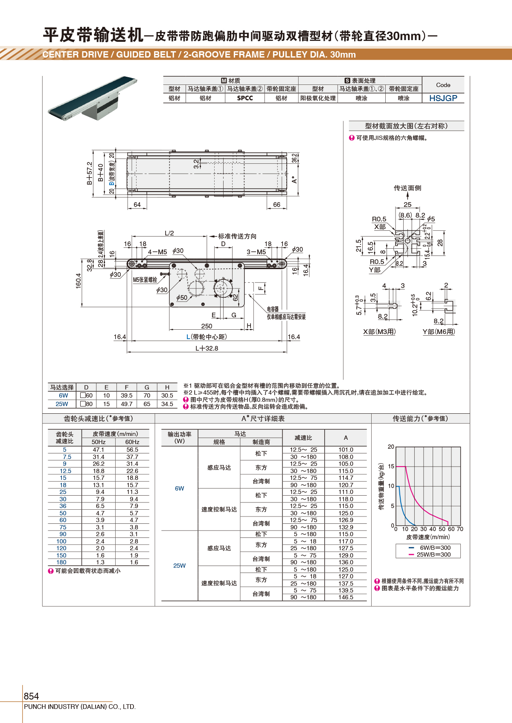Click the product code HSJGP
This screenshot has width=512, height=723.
click(x=443, y=98)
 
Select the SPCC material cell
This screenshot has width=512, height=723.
click(x=245, y=98)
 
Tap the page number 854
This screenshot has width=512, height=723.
click(x=31, y=696)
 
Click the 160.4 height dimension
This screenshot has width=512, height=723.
click(x=79, y=281)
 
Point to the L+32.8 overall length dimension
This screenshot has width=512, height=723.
click(x=207, y=348)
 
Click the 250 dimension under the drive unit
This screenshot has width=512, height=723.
click(x=207, y=326)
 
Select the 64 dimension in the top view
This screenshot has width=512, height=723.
click(x=137, y=205)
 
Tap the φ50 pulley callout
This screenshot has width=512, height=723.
click(x=181, y=298)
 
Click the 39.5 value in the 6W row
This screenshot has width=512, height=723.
click(x=127, y=395)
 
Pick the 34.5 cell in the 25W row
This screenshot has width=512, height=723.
click(x=167, y=404)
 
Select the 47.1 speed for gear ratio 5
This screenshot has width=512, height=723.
click(x=99, y=450)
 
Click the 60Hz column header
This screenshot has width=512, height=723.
click(x=132, y=442)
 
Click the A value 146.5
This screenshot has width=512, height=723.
click(x=346, y=597)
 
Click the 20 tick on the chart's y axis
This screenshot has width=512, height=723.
click(x=391, y=447)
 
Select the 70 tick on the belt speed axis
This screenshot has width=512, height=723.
click(x=460, y=529)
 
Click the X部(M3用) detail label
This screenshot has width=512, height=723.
click(x=379, y=331)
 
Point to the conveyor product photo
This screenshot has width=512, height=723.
click(x=93, y=99)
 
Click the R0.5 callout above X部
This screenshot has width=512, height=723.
click(x=379, y=219)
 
